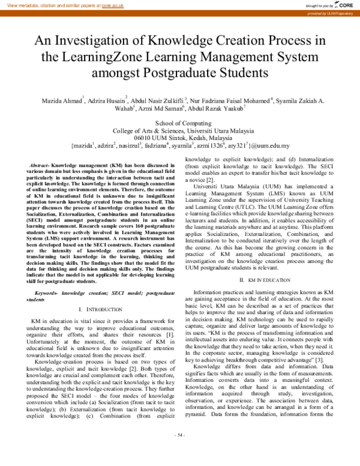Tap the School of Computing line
coord(180,123)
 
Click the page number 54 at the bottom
coord(180,450)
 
